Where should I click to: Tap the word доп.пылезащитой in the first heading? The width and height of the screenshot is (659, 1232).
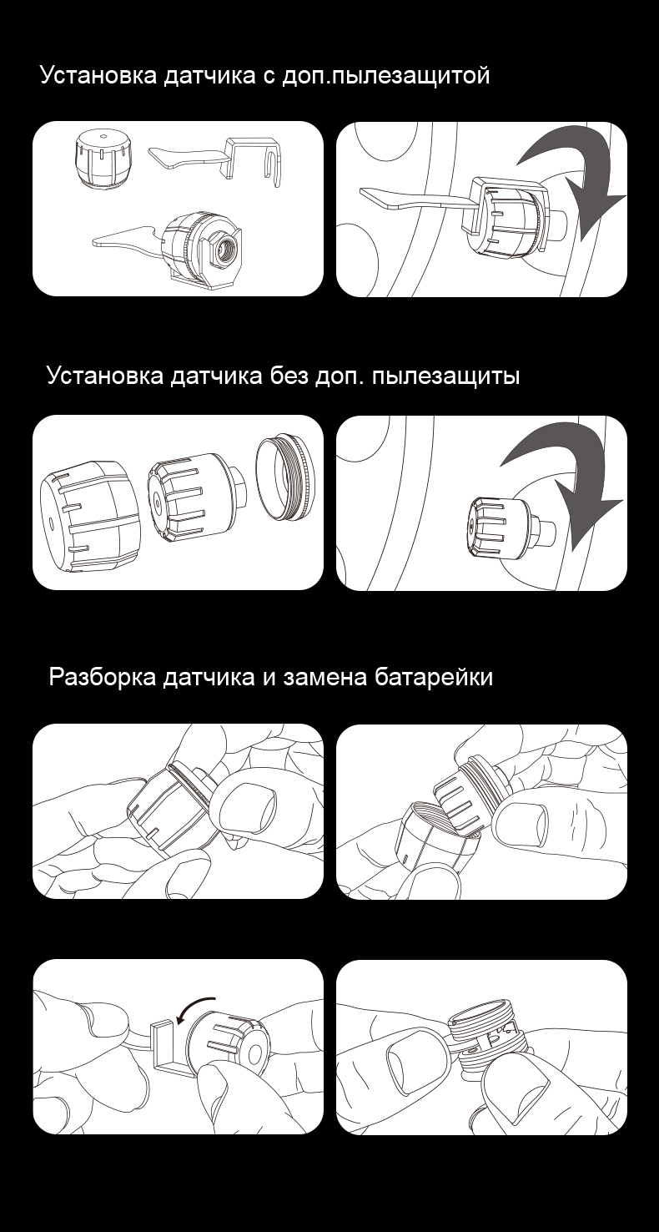(385, 75)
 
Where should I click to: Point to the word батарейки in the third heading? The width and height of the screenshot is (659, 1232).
(434, 677)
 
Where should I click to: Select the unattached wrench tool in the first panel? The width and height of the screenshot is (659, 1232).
(219, 159)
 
